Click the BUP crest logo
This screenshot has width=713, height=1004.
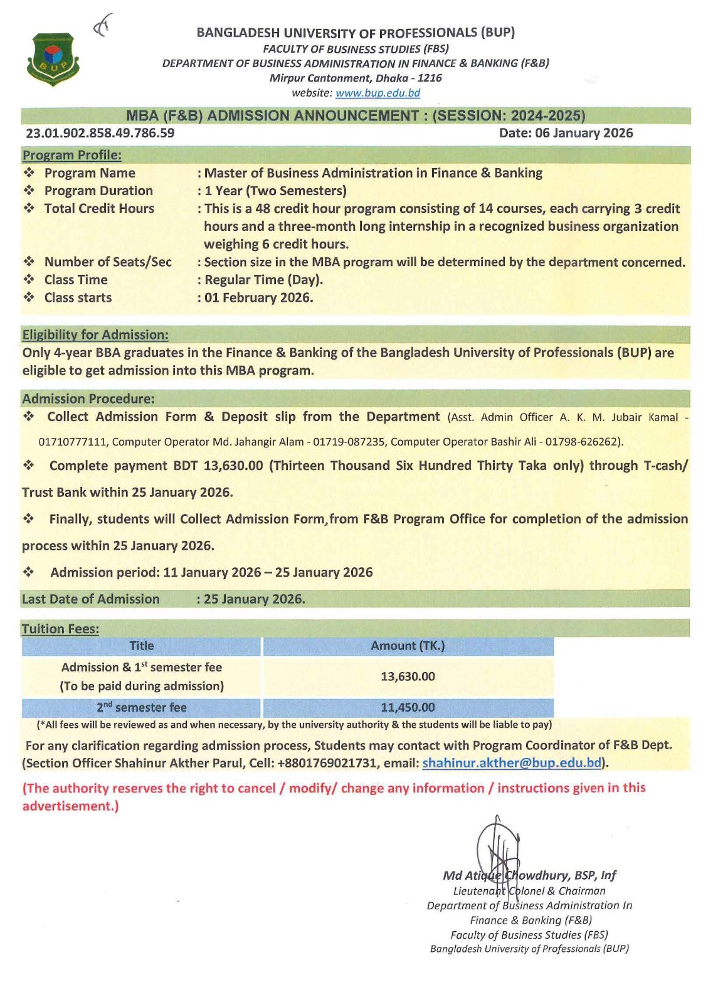point(53,59)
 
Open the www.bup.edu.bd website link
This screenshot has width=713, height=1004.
point(378,93)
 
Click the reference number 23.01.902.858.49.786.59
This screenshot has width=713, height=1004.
point(100,133)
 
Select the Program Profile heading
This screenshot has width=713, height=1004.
point(72,155)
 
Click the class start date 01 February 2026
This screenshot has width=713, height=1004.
point(258,297)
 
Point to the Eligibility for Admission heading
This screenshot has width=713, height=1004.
point(95,334)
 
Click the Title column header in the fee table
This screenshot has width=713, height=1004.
point(142,646)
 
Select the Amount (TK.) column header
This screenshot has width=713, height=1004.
point(408,646)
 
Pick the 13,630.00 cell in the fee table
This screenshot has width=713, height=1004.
point(408,676)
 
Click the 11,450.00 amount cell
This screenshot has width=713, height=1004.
point(408,707)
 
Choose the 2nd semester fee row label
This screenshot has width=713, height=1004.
point(142,707)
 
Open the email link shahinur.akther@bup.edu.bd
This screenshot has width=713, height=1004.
point(512,763)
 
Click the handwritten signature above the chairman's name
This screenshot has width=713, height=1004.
point(498,847)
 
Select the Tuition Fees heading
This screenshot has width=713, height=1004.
point(61,629)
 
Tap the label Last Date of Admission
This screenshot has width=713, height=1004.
point(91,599)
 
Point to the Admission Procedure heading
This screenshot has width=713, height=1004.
point(88,398)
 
